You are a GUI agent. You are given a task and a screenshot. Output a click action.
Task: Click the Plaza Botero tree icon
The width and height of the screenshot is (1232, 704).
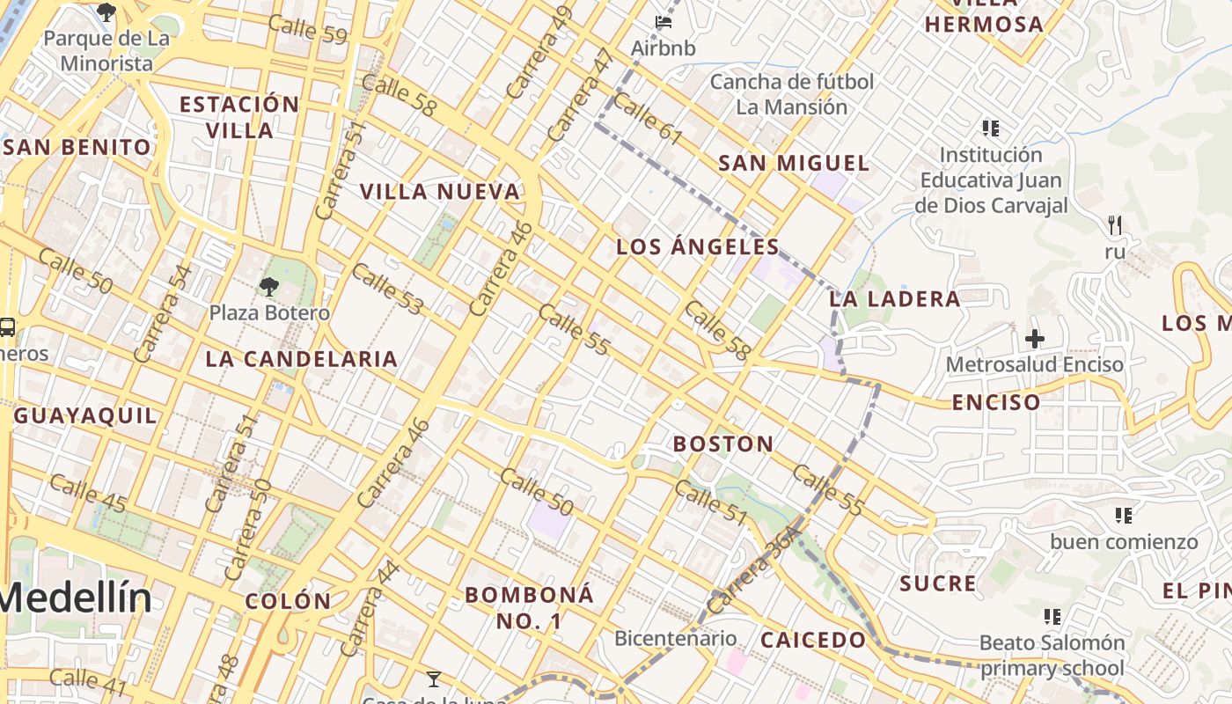(x=268, y=286)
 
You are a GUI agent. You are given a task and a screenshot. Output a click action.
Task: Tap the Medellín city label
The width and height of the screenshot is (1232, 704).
(x=76, y=598)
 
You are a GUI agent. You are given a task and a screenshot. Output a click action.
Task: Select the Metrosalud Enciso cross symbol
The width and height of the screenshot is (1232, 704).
(x=1035, y=338)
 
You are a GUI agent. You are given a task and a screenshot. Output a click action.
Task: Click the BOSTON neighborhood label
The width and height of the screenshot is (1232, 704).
(x=723, y=444)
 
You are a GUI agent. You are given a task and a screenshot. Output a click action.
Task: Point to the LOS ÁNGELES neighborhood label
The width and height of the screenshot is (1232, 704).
(x=698, y=246)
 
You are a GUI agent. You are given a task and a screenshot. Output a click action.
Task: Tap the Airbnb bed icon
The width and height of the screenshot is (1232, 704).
(x=664, y=20)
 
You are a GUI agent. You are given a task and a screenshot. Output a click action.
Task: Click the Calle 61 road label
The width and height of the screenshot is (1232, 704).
(x=648, y=119)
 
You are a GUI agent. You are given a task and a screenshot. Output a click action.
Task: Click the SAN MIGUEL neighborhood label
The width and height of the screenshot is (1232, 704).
(x=794, y=163)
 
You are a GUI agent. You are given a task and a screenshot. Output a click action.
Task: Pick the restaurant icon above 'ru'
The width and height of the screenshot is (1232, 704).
(x=1115, y=225)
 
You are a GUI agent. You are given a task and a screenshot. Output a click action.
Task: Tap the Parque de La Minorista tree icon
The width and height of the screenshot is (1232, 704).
(x=106, y=11)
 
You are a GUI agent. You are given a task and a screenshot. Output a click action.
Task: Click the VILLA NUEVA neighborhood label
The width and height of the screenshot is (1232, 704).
(x=440, y=191)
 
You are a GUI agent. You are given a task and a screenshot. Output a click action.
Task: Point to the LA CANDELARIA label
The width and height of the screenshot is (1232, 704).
(x=302, y=359)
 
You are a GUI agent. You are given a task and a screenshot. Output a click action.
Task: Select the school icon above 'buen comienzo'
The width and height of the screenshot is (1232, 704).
(x=1124, y=515)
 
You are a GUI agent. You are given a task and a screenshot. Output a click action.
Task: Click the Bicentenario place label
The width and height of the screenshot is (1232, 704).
(x=675, y=638)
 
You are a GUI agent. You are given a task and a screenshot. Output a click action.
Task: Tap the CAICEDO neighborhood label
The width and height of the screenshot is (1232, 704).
(x=813, y=640)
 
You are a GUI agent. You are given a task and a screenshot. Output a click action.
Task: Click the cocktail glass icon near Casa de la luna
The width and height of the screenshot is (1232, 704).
(x=433, y=678)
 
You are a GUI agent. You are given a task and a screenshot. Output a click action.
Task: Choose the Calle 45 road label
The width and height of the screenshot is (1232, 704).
(x=88, y=493)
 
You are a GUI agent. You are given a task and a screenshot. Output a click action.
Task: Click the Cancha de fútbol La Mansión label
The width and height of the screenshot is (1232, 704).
(x=792, y=94)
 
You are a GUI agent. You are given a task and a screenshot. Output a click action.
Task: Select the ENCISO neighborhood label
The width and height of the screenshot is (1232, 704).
(x=996, y=403)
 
